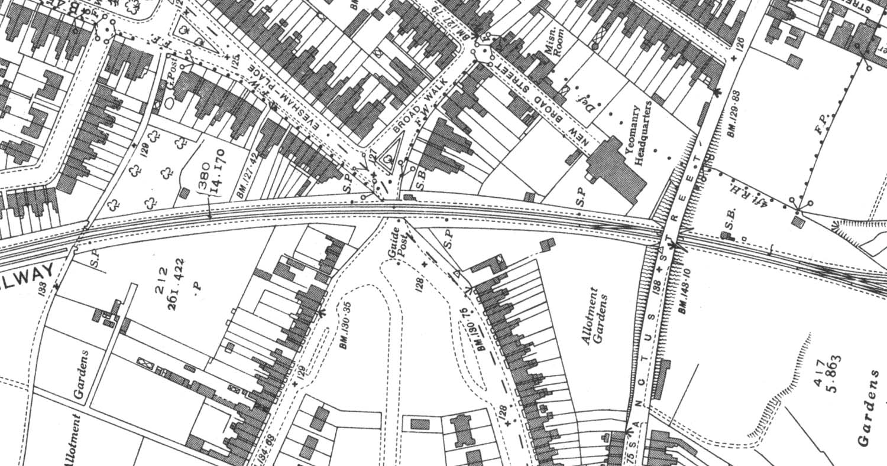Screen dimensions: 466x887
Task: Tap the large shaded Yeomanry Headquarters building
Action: [615, 168]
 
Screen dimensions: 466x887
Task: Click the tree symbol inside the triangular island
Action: [388, 158]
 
